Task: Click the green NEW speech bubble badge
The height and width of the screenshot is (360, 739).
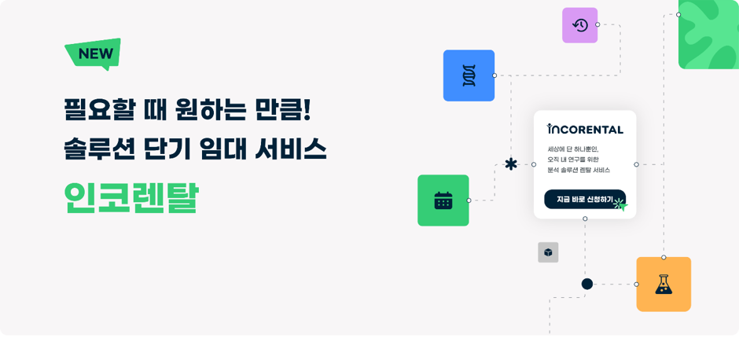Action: (94, 53)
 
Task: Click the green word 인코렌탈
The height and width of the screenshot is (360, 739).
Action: (131, 198)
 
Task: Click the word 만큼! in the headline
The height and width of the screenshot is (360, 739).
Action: (282, 110)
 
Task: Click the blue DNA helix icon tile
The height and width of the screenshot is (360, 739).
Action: (469, 75)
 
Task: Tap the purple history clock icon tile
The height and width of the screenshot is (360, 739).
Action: (579, 25)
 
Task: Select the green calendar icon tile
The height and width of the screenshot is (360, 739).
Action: (443, 200)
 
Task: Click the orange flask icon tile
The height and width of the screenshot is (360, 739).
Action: (664, 284)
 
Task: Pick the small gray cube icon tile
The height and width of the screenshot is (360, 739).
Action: (548, 252)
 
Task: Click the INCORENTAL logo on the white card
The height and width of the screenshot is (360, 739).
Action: (585, 129)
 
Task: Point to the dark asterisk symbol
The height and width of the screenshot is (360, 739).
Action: (511, 164)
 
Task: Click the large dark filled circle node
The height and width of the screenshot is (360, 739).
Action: (587, 284)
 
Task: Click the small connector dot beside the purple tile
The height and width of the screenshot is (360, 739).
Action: (597, 24)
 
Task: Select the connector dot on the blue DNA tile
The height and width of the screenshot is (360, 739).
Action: (495, 75)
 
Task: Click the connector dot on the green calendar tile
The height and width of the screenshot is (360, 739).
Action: (469, 200)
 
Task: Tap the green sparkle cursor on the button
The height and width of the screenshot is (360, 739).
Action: (620, 204)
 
